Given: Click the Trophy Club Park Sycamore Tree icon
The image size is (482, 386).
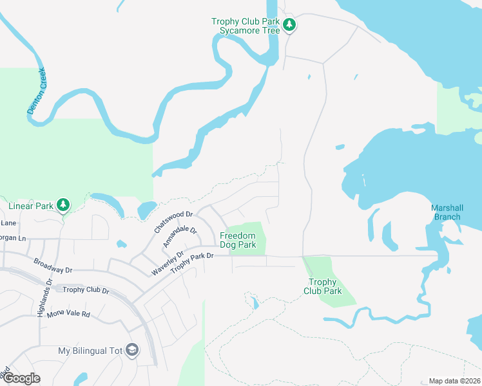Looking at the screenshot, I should (x=290, y=25).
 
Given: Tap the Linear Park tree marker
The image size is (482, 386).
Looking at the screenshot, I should (x=63, y=205).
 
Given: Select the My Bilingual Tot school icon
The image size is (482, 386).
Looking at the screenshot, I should (x=133, y=350).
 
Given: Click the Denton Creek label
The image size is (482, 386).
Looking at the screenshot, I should (x=36, y=91).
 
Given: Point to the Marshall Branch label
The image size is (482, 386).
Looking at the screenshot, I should (x=447, y=212).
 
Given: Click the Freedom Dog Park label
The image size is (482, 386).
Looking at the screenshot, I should (x=238, y=241).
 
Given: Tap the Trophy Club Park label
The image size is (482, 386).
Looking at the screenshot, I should (x=323, y=286).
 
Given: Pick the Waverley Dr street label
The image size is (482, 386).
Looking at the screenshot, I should (x=167, y=263).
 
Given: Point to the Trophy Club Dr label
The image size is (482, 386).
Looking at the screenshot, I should (x=86, y=290).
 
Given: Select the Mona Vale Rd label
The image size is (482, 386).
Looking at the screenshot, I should (x=68, y=315).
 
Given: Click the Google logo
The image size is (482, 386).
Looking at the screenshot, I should (x=21, y=378).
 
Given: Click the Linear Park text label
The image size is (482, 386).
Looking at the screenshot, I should (x=30, y=206).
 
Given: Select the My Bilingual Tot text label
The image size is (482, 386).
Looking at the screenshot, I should (x=90, y=351).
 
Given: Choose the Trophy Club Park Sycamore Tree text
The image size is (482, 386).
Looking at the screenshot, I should (x=246, y=26).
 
